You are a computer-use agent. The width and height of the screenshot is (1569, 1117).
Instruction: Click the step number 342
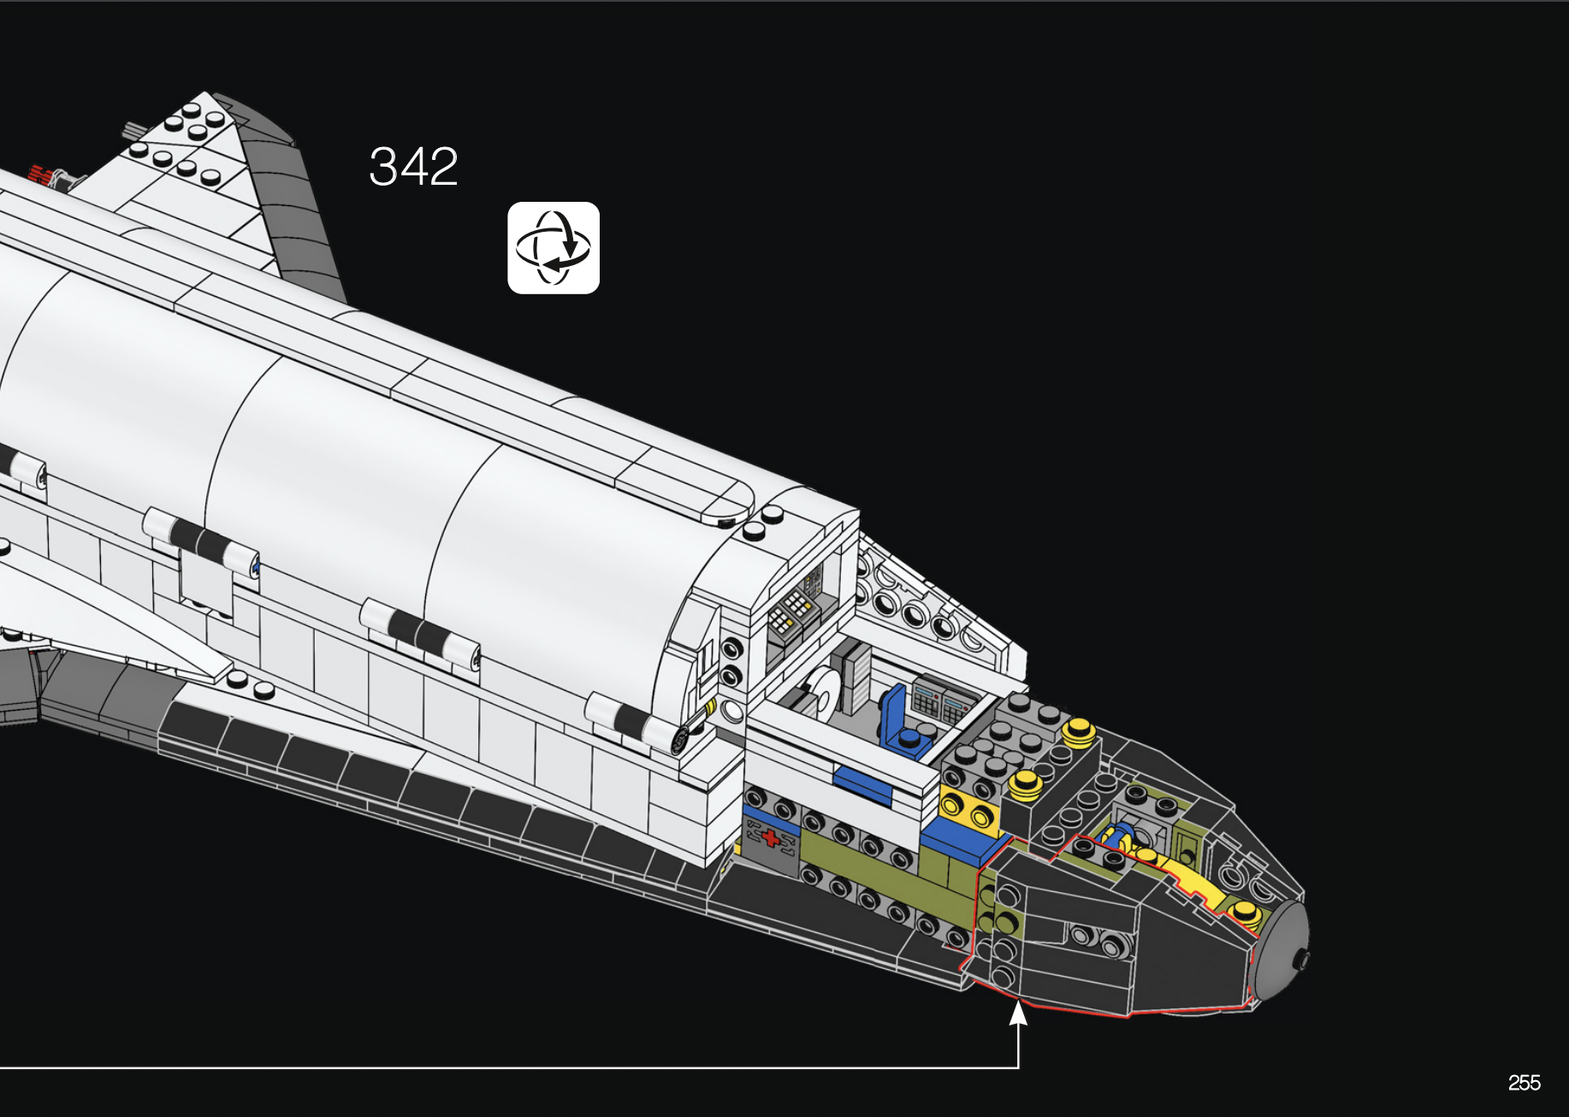click(413, 166)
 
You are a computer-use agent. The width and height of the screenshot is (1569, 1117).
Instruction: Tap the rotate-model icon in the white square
click(554, 248)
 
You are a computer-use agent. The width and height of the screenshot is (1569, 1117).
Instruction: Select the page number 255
click(1524, 1083)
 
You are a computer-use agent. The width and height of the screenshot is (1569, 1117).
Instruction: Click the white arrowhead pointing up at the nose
click(1018, 1014)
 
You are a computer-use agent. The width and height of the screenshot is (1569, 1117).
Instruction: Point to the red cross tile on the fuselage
click(771, 837)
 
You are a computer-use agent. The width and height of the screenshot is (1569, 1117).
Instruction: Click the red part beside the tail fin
click(39, 174)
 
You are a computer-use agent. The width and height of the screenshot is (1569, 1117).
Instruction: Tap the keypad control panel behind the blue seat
click(942, 700)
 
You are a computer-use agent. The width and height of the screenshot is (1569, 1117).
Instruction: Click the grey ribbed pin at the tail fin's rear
click(133, 130)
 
